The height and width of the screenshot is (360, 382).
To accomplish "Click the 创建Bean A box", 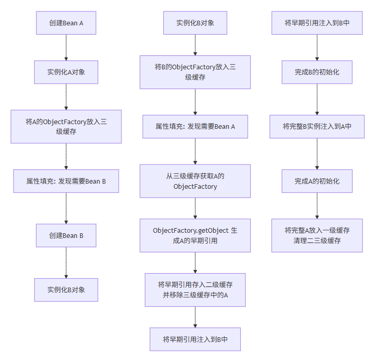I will (66, 23).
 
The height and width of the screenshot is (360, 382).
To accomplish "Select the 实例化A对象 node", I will (66, 72).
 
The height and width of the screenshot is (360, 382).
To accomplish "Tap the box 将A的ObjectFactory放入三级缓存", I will (66, 126).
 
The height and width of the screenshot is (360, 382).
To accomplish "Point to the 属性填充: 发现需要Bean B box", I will (66, 181).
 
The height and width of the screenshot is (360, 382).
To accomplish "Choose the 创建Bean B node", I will (66, 235).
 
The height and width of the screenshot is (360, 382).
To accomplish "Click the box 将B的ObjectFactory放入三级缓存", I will (195, 72).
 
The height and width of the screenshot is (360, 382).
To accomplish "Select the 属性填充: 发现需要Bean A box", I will (195, 126).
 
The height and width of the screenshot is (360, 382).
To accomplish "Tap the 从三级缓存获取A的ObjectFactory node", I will (195, 181).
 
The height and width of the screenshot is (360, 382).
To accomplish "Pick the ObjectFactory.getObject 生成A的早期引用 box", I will (195, 235).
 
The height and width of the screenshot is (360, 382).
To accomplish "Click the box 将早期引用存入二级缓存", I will (195, 290).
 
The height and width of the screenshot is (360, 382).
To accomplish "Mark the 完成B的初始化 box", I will (317, 72).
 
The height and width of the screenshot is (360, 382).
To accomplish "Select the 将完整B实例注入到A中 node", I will (317, 126).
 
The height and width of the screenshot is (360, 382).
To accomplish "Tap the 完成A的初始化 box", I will (317, 181).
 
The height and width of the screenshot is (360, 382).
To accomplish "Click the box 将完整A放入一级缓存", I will (317, 235).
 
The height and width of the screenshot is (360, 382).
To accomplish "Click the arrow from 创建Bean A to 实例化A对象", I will (66, 48).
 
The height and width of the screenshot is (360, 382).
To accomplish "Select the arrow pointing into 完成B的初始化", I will (317, 48).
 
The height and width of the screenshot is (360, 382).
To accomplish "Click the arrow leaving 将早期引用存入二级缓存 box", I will (195, 317).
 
